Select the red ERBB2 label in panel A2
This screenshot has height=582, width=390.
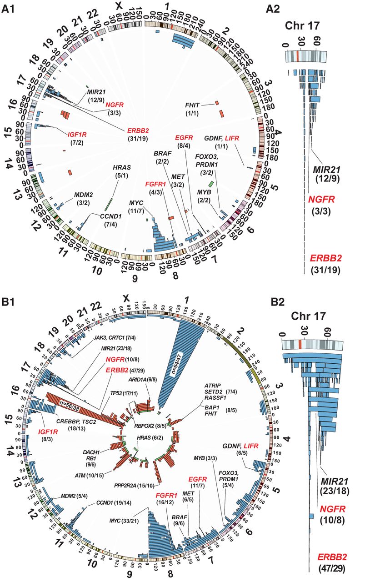[x=325, y=258]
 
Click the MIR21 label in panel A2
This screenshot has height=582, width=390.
[x=326, y=169]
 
